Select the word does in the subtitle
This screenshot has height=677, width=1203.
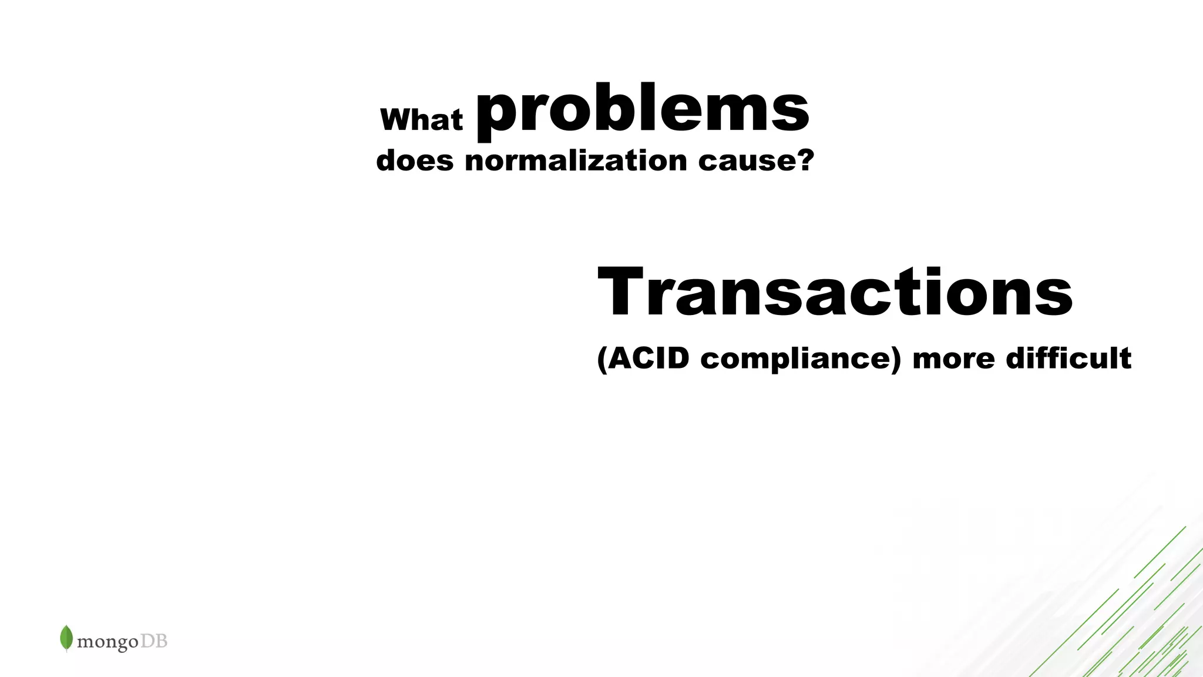[x=415, y=160]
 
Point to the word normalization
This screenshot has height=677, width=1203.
[x=576, y=160]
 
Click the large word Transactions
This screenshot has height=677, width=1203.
[x=835, y=292]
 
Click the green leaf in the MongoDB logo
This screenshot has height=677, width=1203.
[x=66, y=638]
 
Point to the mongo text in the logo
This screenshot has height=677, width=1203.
[x=107, y=642]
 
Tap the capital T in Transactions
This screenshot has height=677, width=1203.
[x=621, y=292]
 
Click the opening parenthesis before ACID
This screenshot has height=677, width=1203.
[x=601, y=359]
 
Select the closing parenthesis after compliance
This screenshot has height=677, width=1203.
[x=895, y=359]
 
